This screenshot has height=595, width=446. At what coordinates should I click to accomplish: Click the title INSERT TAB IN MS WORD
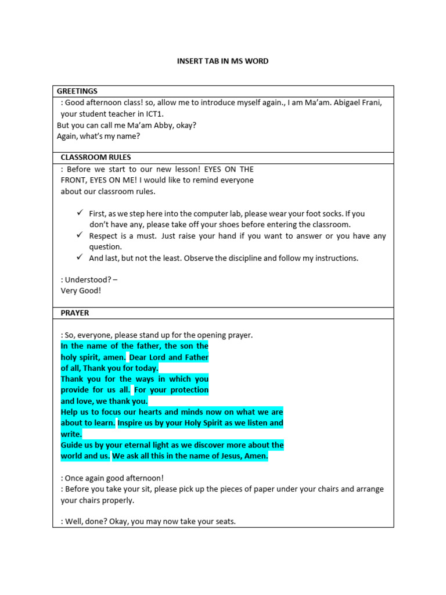point(222,61)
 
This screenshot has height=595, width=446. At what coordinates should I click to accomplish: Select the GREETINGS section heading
point(77,91)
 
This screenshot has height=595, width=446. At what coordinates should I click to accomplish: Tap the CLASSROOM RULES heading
point(96,157)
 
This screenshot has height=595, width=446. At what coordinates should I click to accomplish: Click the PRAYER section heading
point(75,313)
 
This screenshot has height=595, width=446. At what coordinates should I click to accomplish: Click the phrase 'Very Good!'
point(81,291)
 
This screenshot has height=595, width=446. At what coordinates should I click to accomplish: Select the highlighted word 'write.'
point(71,434)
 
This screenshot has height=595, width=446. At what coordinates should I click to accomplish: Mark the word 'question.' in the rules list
point(105,247)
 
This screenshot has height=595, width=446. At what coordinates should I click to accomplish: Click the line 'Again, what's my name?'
point(98,136)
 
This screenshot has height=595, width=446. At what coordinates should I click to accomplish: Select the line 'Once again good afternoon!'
point(113,478)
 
